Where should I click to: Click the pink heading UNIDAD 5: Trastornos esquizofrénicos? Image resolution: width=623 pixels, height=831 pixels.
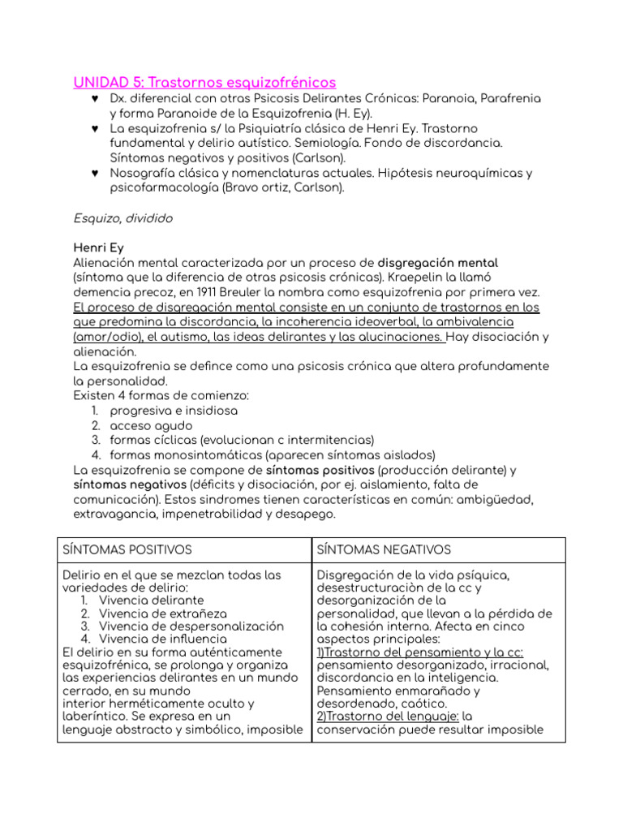pyautogui.click(x=204, y=83)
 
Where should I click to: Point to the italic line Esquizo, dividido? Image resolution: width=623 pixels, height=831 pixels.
pyautogui.click(x=122, y=218)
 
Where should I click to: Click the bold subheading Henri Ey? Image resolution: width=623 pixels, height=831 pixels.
pyautogui.click(x=98, y=248)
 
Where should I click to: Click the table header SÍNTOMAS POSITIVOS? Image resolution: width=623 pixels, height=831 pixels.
pyautogui.click(x=127, y=550)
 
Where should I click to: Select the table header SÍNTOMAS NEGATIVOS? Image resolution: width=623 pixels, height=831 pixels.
pyautogui.click(x=383, y=550)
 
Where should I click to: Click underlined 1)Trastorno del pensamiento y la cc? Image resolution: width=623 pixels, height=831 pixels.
pyautogui.click(x=420, y=652)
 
